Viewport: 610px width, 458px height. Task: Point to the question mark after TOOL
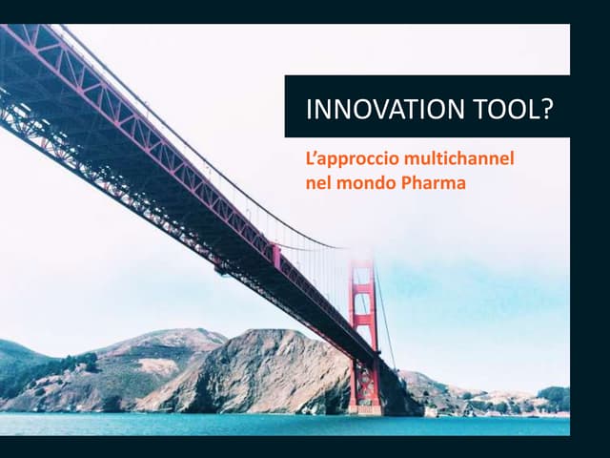(x=546, y=110)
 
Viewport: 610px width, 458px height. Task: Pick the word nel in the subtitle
(x=316, y=182)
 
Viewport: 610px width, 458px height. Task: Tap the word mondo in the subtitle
(x=361, y=182)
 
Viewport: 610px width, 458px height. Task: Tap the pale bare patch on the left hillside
(x=157, y=365)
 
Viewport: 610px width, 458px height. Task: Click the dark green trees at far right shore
(x=554, y=396)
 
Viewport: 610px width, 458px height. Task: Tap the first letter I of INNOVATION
(x=309, y=110)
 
